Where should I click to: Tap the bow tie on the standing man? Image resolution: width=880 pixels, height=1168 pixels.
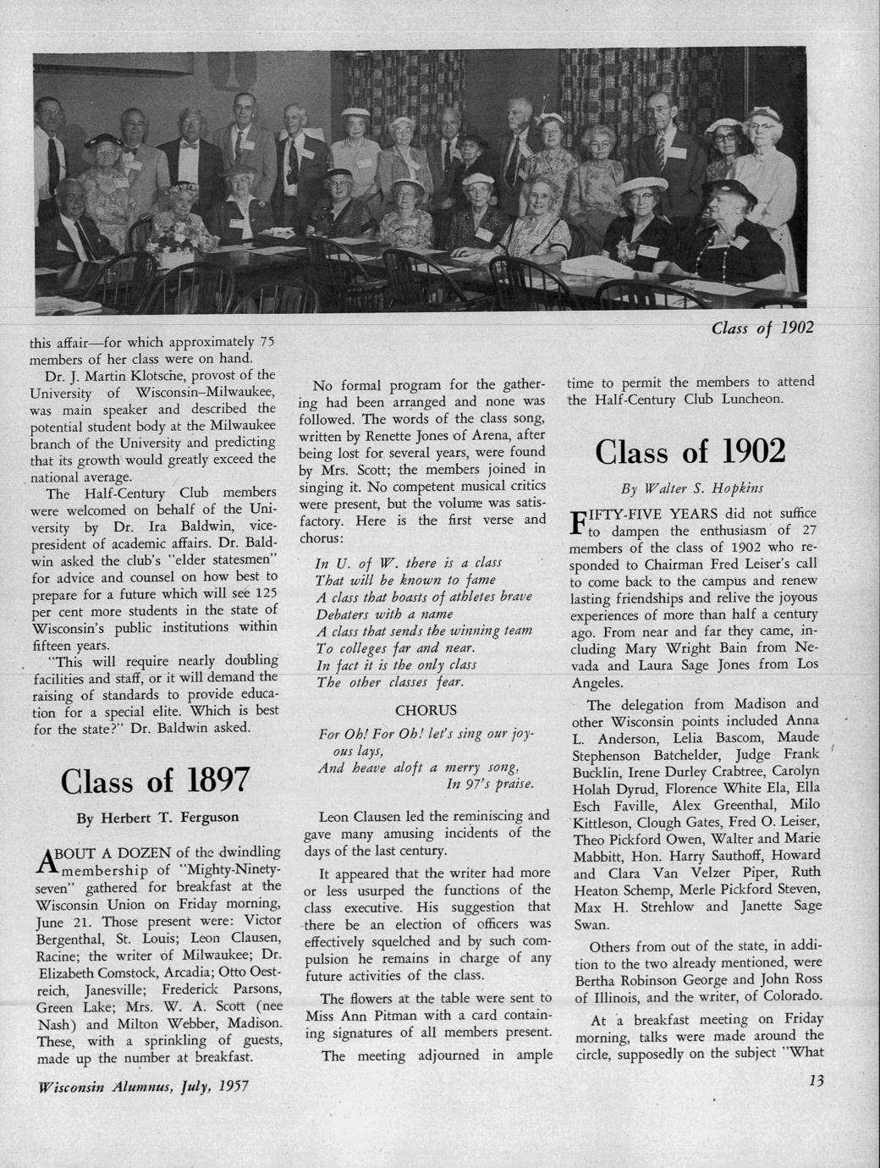tap(190, 145)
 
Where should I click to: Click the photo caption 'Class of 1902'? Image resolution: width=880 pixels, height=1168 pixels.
tap(762, 328)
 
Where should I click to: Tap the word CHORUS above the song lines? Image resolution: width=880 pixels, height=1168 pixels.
tap(426, 710)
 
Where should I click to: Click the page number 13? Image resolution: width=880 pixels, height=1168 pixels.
tap(816, 1080)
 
